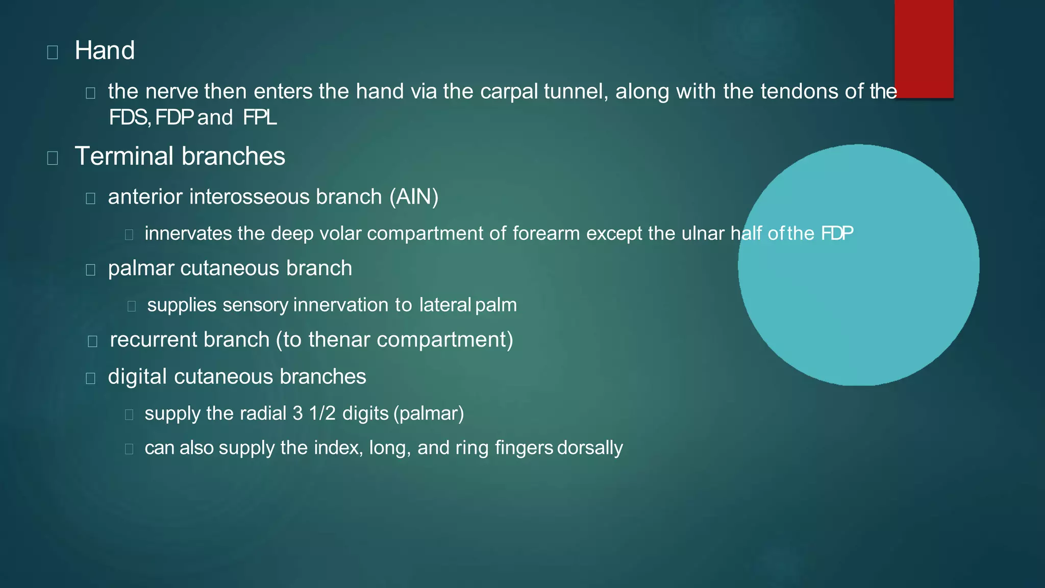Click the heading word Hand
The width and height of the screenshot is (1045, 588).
105,51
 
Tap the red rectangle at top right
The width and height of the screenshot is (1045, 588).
924,48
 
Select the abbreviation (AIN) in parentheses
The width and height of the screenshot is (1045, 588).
414,197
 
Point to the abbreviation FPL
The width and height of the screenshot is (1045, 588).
260,118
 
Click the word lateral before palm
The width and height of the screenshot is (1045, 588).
445,305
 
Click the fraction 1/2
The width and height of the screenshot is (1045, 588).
322,413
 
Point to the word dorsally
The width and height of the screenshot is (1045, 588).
590,448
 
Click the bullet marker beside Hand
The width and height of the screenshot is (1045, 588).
52,52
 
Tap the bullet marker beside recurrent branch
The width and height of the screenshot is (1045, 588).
92,341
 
